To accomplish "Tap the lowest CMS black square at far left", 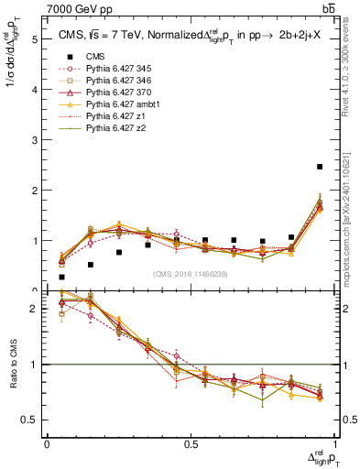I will (x=61, y=277).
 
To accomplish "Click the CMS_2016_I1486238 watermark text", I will (x=191, y=274).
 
